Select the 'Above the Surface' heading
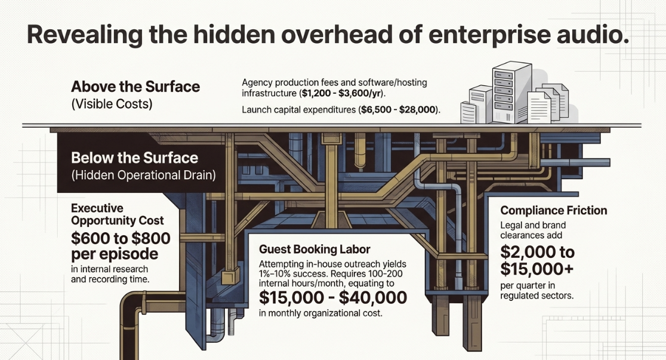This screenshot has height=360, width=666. [135, 87]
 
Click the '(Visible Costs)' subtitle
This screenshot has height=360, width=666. [112, 104]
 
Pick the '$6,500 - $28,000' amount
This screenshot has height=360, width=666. [399, 110]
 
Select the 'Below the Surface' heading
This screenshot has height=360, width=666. [135, 158]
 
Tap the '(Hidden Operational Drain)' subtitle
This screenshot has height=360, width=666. [143, 175]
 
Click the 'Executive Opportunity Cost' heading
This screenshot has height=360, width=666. [117, 214]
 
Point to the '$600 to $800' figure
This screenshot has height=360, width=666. [121, 238]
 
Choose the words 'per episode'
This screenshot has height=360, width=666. [115, 254]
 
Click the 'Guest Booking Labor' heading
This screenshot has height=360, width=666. [314, 250]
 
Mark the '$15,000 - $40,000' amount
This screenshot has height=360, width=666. [333, 297]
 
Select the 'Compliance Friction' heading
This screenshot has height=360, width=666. [553, 210]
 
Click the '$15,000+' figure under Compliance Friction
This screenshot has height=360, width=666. [537, 269]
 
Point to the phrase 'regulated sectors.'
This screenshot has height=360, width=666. [537, 296]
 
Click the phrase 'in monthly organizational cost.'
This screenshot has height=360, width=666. [320, 313]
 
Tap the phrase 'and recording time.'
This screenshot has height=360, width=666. [110, 279]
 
